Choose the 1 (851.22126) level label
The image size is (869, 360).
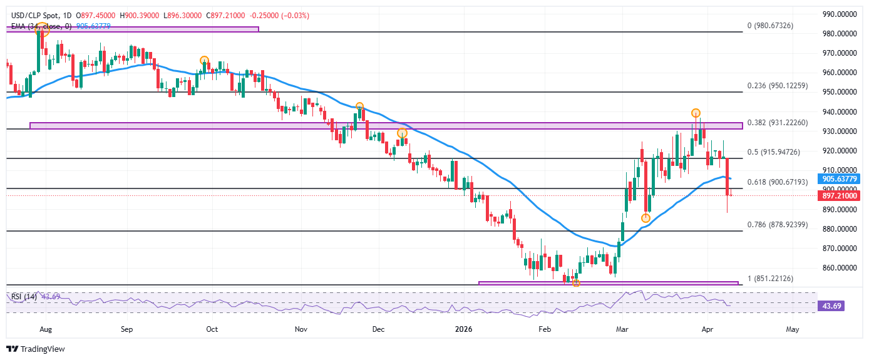pyautogui.click(x=776, y=278)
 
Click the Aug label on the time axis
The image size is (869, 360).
pyautogui.click(x=45, y=328)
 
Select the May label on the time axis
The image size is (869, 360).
pyautogui.click(x=793, y=328)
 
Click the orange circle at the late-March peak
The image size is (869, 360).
pyautogui.click(x=696, y=113)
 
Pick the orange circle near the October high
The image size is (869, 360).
pyautogui.click(x=204, y=61)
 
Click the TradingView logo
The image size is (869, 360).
pyautogui.click(x=36, y=349)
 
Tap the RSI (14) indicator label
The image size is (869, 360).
pyautogui.click(x=23, y=296)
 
